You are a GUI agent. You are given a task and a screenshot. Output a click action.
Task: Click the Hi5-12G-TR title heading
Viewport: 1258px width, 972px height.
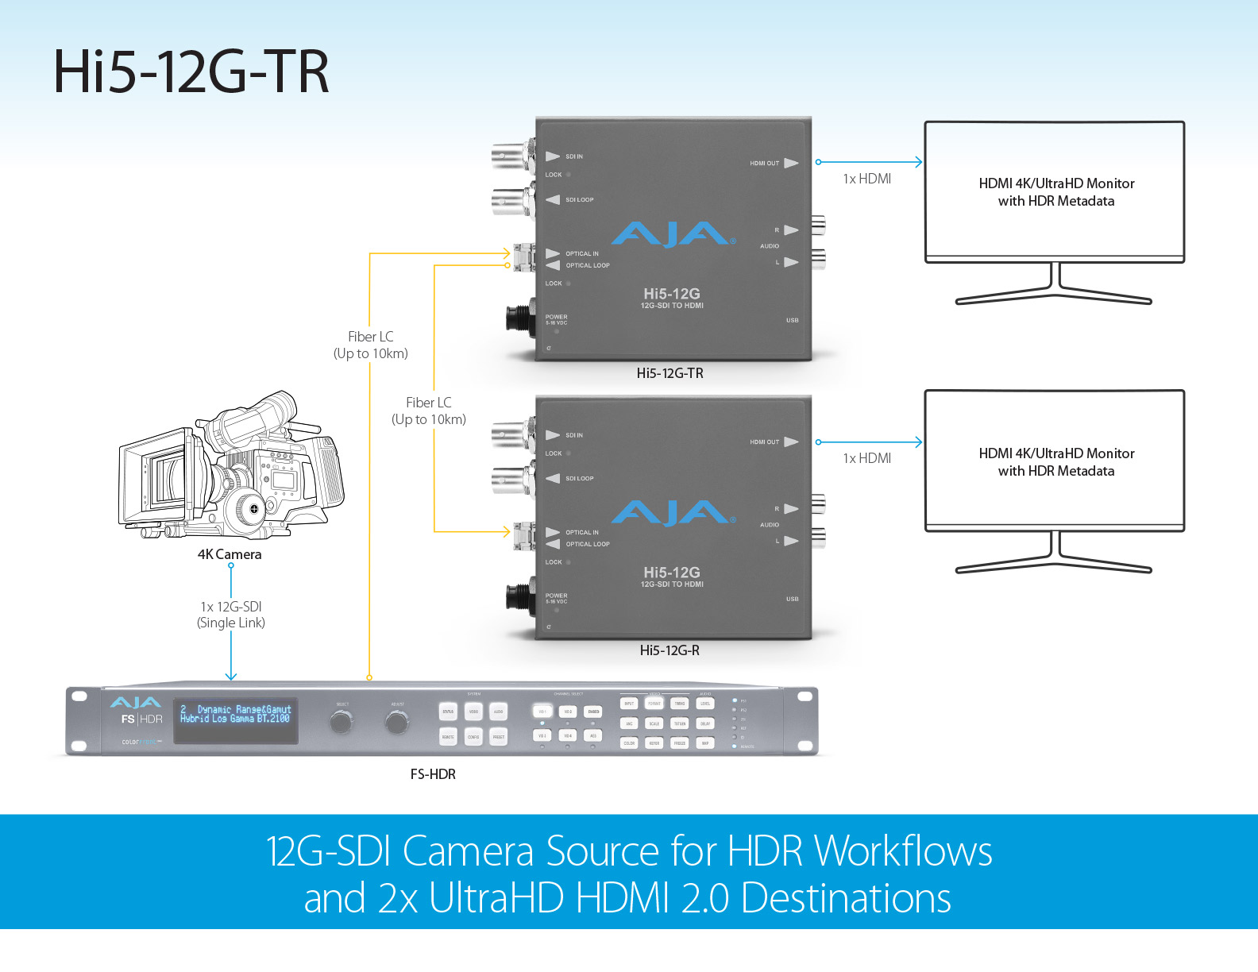click(191, 71)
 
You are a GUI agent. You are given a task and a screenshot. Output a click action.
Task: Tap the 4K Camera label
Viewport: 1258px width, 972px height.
click(230, 554)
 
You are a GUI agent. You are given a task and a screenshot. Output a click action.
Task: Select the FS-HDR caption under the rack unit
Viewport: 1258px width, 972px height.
click(433, 774)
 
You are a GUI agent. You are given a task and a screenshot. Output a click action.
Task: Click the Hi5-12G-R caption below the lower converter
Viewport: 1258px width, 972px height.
click(670, 650)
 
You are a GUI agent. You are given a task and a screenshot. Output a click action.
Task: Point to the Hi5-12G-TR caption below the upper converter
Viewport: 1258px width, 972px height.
click(670, 373)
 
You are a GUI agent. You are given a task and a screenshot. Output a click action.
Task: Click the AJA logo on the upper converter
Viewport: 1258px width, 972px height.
click(673, 234)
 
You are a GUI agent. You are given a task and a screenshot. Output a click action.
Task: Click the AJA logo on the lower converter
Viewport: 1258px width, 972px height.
click(673, 513)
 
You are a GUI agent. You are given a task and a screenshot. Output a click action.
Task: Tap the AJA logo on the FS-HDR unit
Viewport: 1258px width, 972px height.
click(135, 703)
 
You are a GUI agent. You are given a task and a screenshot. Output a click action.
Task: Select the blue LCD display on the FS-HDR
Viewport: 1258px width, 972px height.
click(236, 720)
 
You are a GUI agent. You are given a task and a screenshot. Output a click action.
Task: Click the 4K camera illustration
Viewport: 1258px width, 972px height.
click(230, 469)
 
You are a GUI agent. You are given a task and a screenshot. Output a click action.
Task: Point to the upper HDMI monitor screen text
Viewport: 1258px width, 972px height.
click(1056, 192)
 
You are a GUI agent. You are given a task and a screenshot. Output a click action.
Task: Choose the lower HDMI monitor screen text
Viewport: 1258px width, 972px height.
click(1056, 462)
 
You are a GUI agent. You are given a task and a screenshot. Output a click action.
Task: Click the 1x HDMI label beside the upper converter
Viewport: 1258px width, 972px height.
click(866, 179)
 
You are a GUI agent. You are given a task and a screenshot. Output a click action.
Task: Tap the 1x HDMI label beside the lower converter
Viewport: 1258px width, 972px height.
click(866, 458)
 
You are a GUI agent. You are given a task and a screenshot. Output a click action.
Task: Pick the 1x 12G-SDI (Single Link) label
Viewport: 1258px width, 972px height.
click(231, 615)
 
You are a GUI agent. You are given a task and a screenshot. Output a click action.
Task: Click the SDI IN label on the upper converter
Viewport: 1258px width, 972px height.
click(573, 156)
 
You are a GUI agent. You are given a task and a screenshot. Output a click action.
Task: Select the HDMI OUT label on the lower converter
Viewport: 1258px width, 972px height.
click(764, 442)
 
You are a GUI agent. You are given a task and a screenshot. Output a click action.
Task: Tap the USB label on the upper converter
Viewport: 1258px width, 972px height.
click(792, 320)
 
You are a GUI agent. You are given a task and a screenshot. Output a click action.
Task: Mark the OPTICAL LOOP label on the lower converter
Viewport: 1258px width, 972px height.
click(588, 544)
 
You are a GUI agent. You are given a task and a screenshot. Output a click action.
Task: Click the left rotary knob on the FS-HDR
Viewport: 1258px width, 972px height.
click(342, 722)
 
